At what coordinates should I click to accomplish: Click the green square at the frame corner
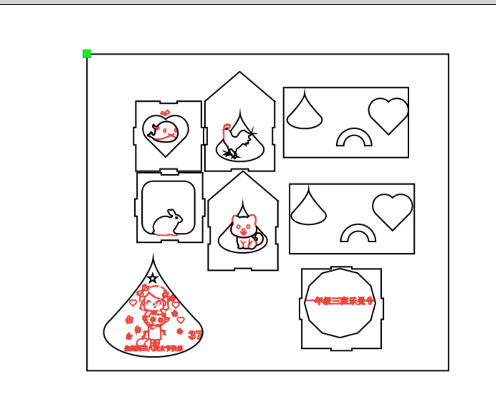click(x=86, y=54)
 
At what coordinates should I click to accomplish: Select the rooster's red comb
click(x=226, y=127)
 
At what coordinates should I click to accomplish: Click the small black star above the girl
click(x=153, y=278)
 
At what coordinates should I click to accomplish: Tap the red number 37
click(x=195, y=335)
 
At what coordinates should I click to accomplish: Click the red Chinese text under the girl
click(x=154, y=349)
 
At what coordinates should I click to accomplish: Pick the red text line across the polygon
click(x=340, y=301)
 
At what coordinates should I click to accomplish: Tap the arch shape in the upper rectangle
click(x=354, y=138)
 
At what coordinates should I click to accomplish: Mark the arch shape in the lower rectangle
click(x=358, y=234)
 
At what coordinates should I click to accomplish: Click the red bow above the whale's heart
click(x=165, y=113)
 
